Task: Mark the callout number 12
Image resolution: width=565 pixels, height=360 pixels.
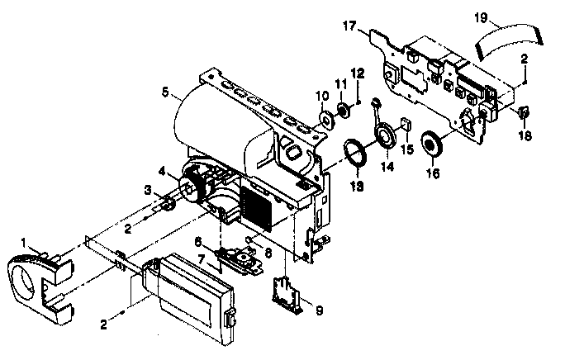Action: tap(358, 73)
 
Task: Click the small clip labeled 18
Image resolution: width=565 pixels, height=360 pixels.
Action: tap(525, 111)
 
